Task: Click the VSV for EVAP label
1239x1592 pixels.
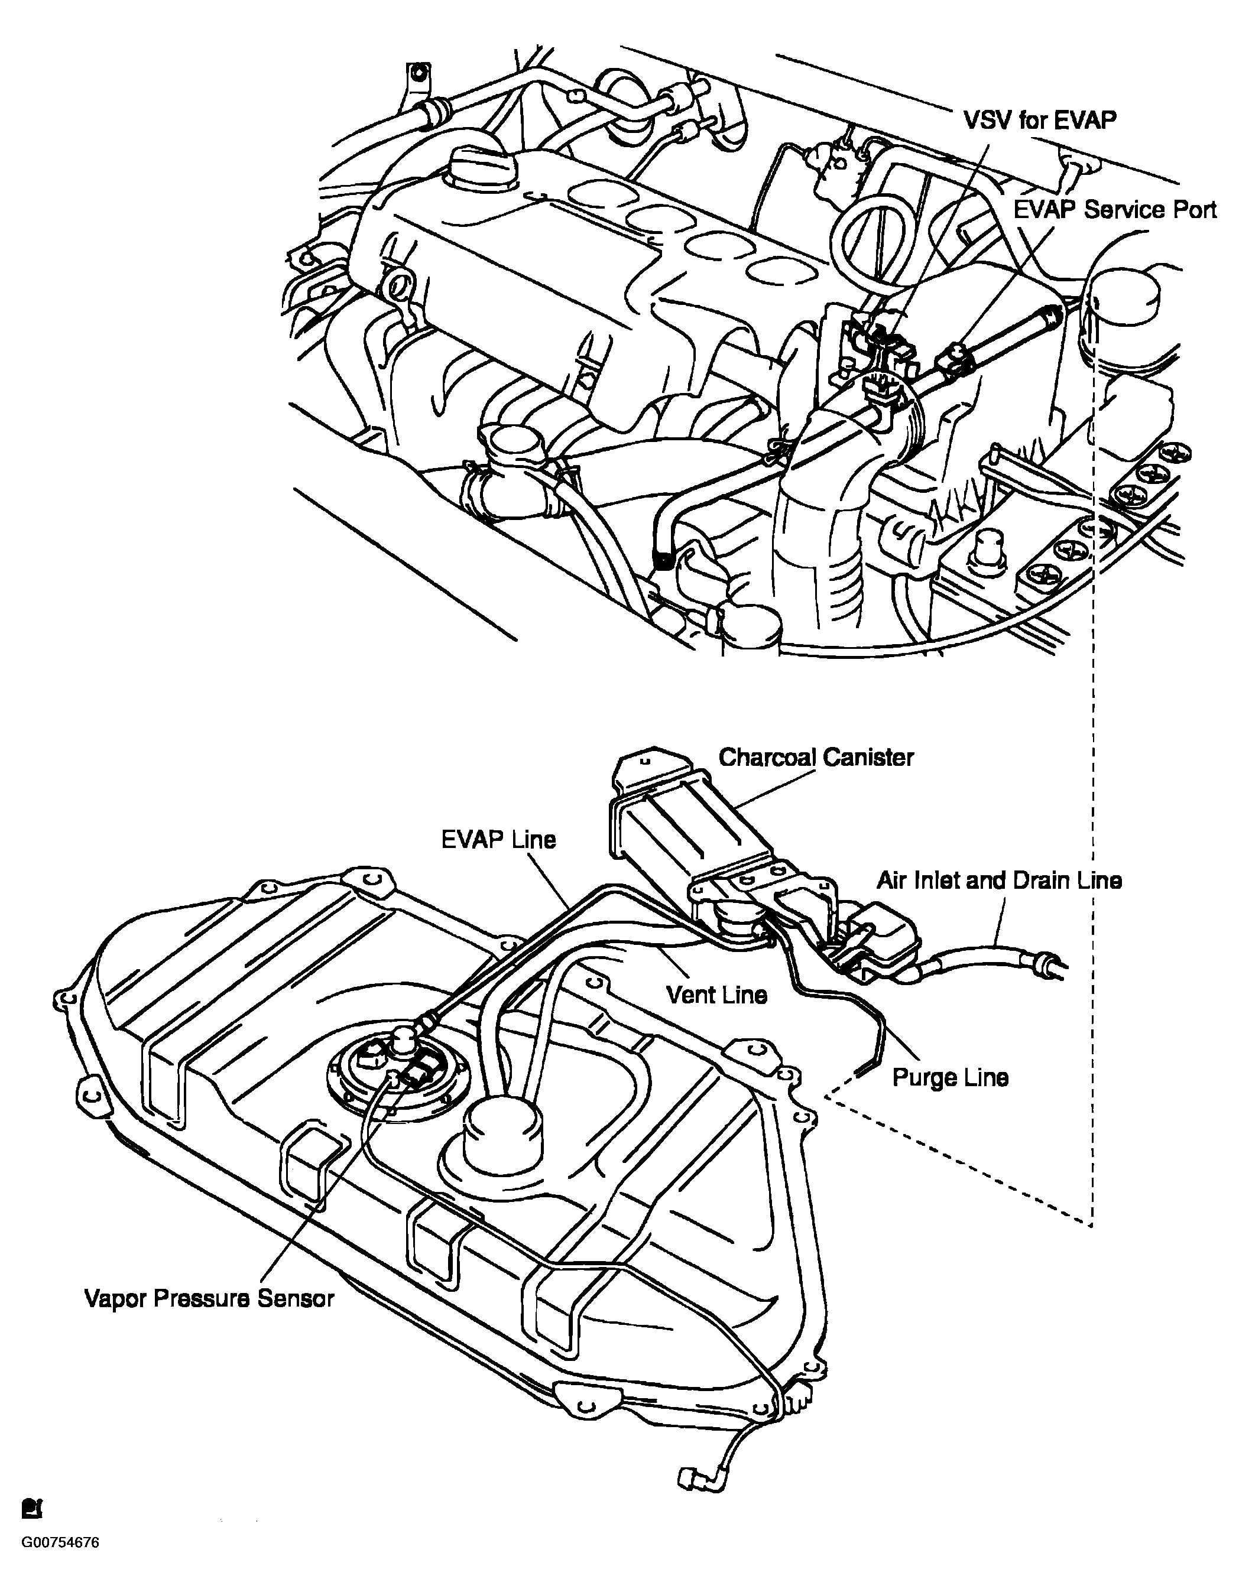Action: pos(1040,121)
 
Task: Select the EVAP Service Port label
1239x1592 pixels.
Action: pos(1115,210)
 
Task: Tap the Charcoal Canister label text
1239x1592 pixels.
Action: pos(815,758)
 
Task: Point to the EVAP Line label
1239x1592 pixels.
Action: pos(499,840)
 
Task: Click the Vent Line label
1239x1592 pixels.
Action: pos(717,995)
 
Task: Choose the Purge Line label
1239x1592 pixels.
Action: pos(950,1077)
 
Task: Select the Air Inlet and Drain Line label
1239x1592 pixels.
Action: pos(998,881)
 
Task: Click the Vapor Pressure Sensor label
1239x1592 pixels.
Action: pos(209,1298)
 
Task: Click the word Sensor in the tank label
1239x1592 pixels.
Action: pos(297,1298)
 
